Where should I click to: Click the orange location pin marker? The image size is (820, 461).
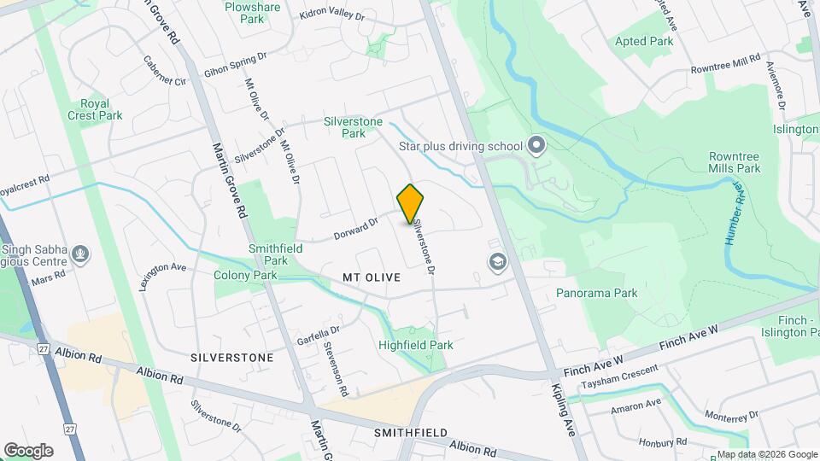point(411,203)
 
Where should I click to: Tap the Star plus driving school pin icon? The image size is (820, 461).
point(536,146)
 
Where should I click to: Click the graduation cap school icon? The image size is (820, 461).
point(496,262)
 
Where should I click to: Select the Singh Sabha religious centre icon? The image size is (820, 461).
point(81,254)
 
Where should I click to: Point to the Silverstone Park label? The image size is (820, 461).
point(353,127)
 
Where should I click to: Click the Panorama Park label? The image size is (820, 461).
point(597,293)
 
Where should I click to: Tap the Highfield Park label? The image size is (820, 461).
point(416,345)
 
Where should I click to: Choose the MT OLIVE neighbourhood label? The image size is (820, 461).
point(372,277)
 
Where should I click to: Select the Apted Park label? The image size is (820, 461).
point(645,41)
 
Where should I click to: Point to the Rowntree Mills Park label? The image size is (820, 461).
point(734,162)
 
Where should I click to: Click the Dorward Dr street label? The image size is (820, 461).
point(355,226)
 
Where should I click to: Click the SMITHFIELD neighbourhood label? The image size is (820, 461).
point(411,433)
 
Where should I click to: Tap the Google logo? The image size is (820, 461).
point(28,450)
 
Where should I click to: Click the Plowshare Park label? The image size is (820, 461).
point(252,12)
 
